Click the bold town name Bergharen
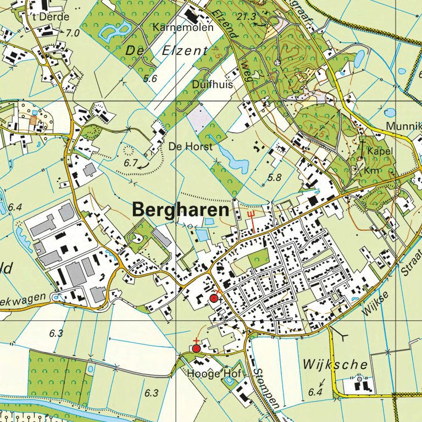pos(180,210)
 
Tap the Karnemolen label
pos(175,27)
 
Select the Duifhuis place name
pos(213,85)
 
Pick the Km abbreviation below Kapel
pos(372,171)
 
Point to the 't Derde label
pos(51,17)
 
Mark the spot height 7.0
pos(73,33)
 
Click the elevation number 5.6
pos(149,79)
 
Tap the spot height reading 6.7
pos(130,163)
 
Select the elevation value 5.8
pos(274,177)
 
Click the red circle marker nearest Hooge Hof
pos(196,348)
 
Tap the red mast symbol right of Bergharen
pos(252,218)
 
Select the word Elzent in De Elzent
pos(185,51)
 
